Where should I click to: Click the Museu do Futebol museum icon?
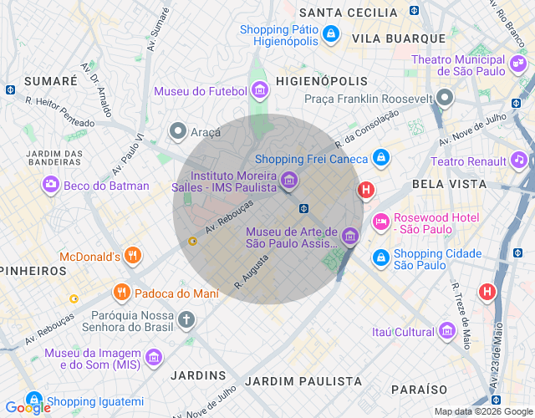pyautogui.click(x=260, y=90)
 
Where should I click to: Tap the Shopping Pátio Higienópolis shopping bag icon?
pyautogui.click(x=332, y=33)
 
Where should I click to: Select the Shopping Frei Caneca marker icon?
pyautogui.click(x=381, y=157)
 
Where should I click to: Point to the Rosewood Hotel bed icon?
pyautogui.click(x=381, y=222)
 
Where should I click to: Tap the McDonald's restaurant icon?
pyautogui.click(x=132, y=257)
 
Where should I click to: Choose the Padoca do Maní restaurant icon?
pyautogui.click(x=122, y=293)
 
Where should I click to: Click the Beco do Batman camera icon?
pyautogui.click(x=52, y=185)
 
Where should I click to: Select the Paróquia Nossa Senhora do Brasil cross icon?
pyautogui.click(x=186, y=319)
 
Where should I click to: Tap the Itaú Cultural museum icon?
pyautogui.click(x=446, y=333)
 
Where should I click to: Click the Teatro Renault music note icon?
pyautogui.click(x=519, y=160)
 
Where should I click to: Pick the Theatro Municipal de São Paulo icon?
pyautogui.click(x=518, y=61)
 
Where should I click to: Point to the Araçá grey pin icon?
pyautogui.click(x=177, y=131)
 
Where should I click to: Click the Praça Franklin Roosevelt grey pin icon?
pyautogui.click(x=445, y=99)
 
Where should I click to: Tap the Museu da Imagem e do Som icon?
pyautogui.click(x=154, y=359)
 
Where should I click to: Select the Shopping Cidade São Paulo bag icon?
pyautogui.click(x=381, y=257)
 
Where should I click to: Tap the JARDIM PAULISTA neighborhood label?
pyautogui.click(x=303, y=381)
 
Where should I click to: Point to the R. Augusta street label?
pyautogui.click(x=252, y=273)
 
